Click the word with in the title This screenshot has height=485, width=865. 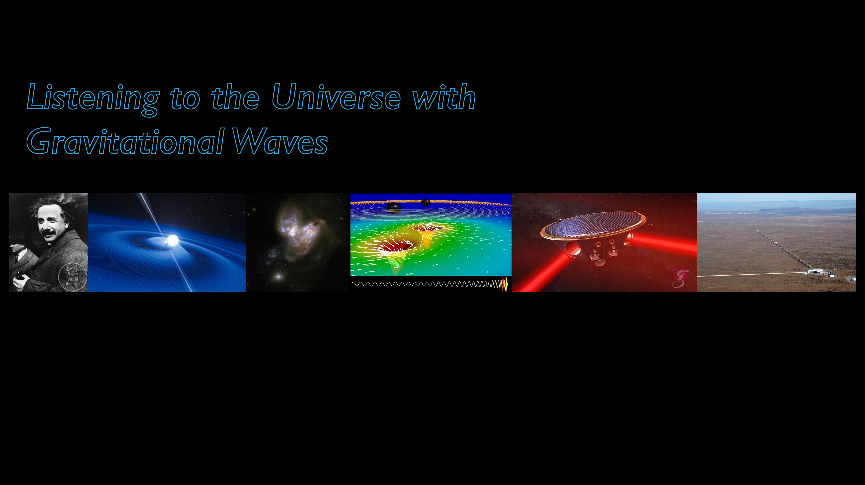444,97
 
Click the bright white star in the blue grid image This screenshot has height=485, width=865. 173,240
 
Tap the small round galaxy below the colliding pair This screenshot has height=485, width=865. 278,277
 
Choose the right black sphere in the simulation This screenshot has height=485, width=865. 426,203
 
